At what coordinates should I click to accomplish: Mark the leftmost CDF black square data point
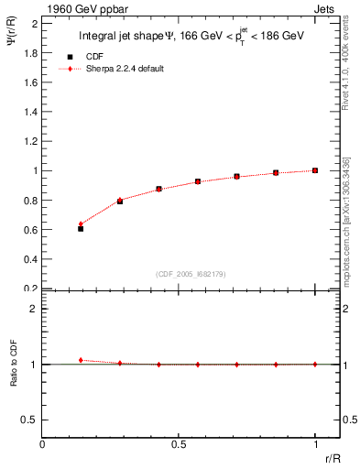(81, 229)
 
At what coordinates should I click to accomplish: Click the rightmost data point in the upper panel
(315, 170)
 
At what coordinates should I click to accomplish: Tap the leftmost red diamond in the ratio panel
(81, 360)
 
